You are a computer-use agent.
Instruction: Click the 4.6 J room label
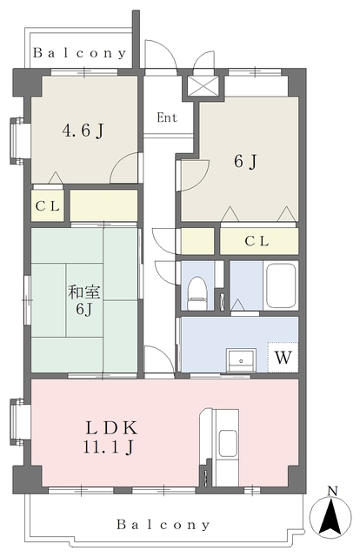click(83, 131)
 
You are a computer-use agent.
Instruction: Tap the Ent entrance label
click(167, 117)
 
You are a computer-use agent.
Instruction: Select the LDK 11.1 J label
click(110, 437)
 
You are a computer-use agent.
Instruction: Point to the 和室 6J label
click(84, 300)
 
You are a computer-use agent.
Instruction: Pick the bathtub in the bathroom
click(281, 285)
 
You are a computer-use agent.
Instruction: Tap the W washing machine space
click(283, 358)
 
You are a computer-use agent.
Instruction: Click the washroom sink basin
click(241, 359)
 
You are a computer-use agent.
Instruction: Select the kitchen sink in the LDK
click(228, 443)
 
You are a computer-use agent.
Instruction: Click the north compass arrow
click(330, 516)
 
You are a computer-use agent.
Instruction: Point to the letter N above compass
click(332, 491)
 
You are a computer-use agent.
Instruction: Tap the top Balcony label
click(80, 53)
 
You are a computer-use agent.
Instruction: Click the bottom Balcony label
click(163, 525)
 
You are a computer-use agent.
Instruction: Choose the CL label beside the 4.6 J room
click(48, 206)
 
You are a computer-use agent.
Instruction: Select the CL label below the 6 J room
click(257, 241)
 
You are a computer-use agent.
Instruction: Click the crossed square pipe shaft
click(203, 86)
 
